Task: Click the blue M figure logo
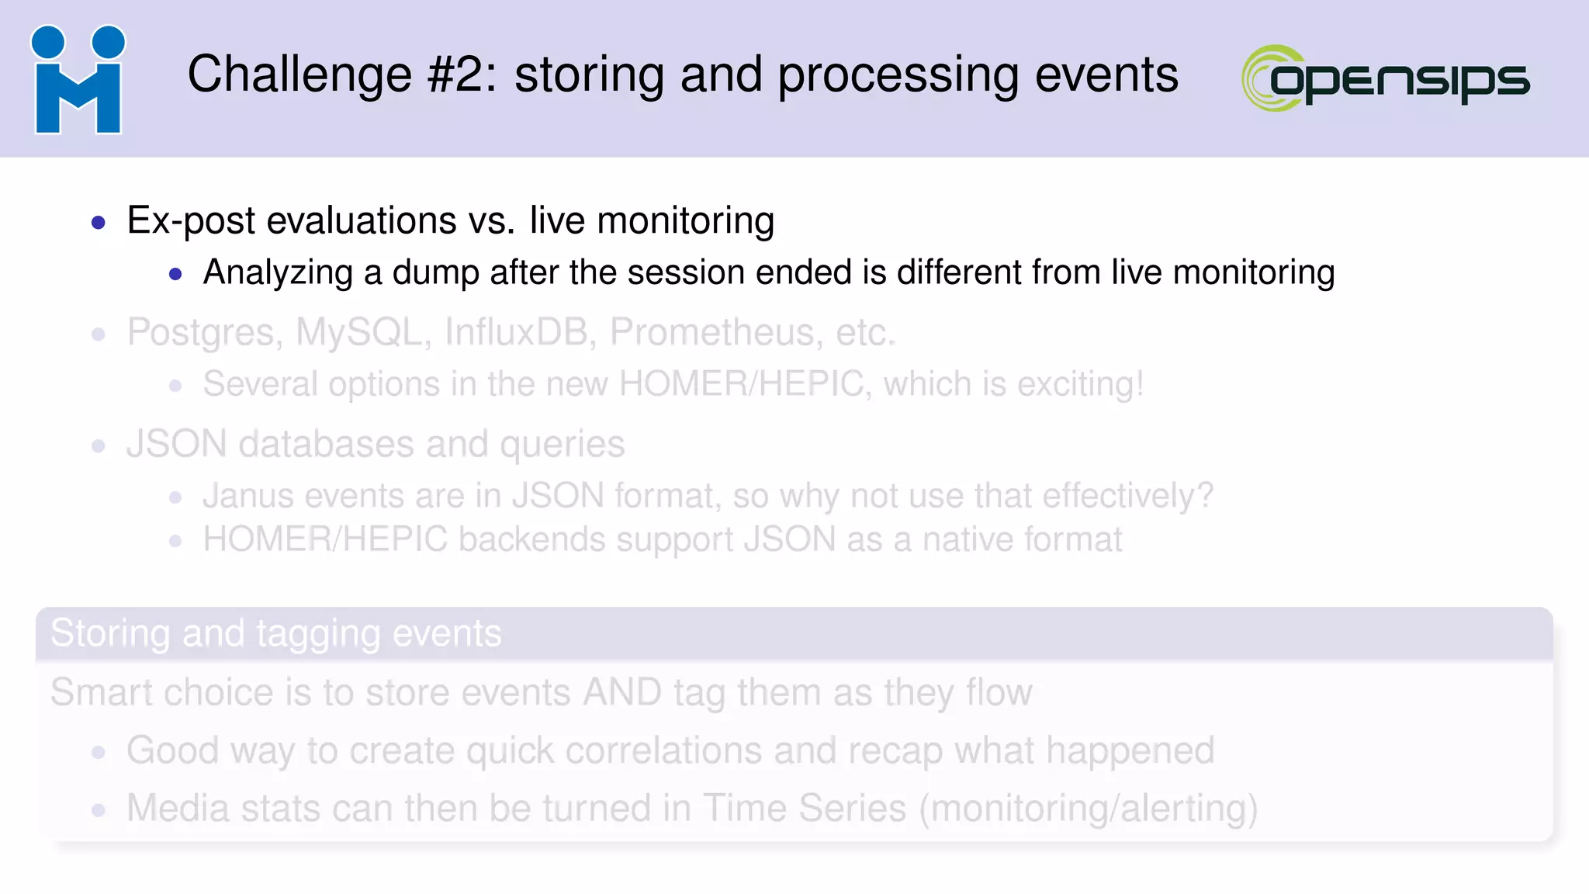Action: [x=78, y=80]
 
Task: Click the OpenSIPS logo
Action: [x=1386, y=78]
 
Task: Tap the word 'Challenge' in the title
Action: [x=299, y=75]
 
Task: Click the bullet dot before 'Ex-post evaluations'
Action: [x=99, y=223]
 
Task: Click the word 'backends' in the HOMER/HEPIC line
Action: [x=531, y=540]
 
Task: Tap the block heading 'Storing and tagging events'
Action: [x=276, y=633]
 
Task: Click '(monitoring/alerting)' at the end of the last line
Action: [x=1089, y=809]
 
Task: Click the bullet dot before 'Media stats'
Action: [x=99, y=811]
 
